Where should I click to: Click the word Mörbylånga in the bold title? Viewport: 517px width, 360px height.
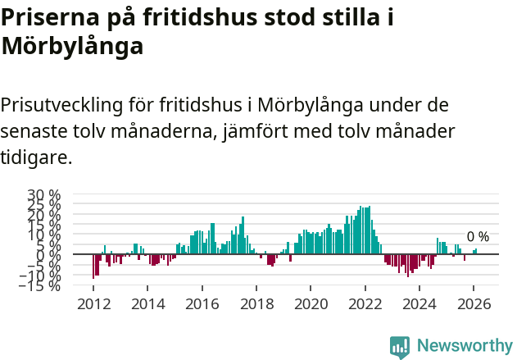pos(72,47)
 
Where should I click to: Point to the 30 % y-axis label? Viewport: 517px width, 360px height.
pos(44,196)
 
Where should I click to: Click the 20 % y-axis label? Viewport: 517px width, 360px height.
pos(44,216)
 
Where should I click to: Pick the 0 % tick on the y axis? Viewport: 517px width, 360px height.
pos(48,255)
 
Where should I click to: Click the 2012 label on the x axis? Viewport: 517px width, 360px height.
pos(93,304)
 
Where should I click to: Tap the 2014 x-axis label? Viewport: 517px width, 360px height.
pos(147,304)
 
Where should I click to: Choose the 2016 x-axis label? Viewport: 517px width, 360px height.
pos(202,304)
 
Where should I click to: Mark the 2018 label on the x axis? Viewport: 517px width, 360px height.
pos(256,304)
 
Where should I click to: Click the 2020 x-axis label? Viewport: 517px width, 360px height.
pos(311,304)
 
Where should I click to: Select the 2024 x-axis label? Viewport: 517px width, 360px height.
pos(419,304)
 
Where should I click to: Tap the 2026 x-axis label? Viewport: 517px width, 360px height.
pos(474,304)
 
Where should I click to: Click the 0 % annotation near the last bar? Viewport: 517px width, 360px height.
pos(478,237)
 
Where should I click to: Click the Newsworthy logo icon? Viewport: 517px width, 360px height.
pos(400,346)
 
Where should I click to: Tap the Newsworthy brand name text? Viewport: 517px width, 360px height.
pos(464,346)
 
